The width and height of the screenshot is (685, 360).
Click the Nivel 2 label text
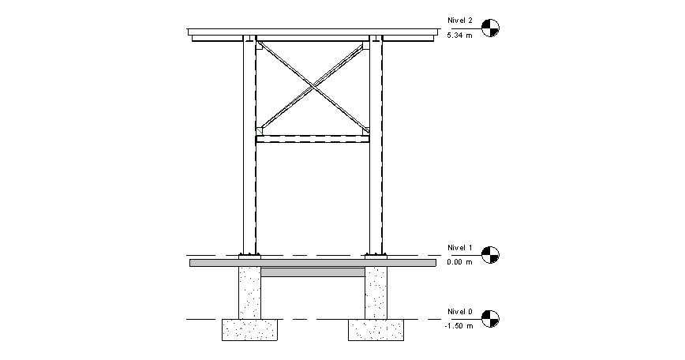coord(460,21)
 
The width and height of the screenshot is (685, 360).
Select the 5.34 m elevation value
coord(459,36)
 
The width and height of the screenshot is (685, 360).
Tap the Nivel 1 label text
coord(460,248)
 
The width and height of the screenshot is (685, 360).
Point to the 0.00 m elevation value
coord(459,262)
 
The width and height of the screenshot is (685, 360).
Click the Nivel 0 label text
coord(460,312)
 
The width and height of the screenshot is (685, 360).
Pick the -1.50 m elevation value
coord(459,326)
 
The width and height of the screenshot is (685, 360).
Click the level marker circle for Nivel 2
coord(490,28)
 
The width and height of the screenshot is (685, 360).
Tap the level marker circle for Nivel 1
coord(490,255)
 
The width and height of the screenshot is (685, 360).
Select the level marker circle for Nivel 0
coord(490,319)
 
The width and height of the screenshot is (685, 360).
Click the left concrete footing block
coord(249,330)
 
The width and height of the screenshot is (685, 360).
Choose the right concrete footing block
coord(376,330)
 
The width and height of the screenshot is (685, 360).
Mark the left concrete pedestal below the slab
coord(250,293)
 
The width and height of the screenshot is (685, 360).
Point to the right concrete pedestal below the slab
coord(376,293)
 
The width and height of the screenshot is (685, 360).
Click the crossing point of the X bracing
coord(313,87)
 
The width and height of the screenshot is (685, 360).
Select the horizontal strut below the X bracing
coord(313,139)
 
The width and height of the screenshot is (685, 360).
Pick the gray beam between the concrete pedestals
coord(313,272)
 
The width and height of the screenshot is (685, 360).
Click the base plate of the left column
coord(249,257)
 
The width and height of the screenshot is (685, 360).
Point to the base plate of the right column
coord(376,257)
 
